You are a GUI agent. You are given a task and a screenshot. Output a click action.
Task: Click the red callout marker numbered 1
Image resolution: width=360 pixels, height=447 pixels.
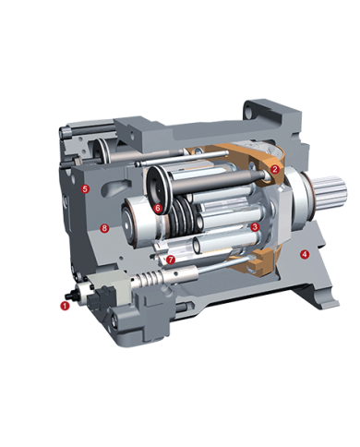(x=65, y=306)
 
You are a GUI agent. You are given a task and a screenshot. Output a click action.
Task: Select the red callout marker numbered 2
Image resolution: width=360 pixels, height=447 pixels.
(x=274, y=169)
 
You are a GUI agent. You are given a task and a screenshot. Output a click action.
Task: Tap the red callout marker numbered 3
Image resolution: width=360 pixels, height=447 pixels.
(x=255, y=227)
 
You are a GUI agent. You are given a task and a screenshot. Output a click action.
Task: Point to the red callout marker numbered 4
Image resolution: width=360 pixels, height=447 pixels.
(x=305, y=254)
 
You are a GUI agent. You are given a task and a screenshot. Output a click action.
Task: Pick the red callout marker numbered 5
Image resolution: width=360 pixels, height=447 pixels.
(x=85, y=188)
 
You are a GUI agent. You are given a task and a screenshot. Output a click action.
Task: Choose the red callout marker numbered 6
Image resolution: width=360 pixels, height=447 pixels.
(x=158, y=208)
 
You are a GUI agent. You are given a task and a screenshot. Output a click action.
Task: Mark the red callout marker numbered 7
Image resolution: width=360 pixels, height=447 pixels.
(x=171, y=260)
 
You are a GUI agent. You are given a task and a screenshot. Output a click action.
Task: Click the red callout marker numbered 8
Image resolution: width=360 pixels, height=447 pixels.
(x=104, y=228)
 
